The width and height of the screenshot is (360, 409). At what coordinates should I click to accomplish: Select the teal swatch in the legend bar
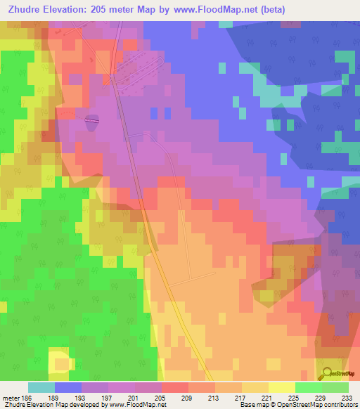pyautogui.click(x=41, y=387)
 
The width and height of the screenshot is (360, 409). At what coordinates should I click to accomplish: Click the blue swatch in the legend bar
pyautogui.click(x=68, y=387)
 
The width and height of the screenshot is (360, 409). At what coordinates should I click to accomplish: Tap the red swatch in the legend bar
pyautogui.click(x=175, y=387)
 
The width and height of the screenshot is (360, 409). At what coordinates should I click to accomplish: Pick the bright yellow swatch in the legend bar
pyautogui.click(x=282, y=387)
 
